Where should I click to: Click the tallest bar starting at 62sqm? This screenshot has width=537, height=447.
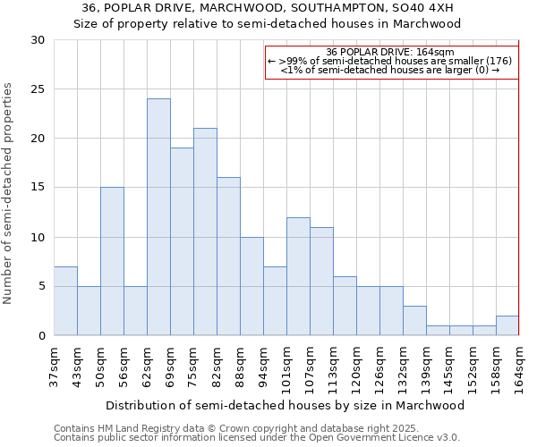pyautogui.click(x=158, y=217)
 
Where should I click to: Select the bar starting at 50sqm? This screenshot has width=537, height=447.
pyautogui.click(x=112, y=261)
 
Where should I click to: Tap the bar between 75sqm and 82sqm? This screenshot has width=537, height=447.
pyautogui.click(x=205, y=232)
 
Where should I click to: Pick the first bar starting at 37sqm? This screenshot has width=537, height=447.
pyautogui.click(x=65, y=300)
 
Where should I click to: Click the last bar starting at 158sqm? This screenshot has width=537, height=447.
pyautogui.click(x=507, y=325)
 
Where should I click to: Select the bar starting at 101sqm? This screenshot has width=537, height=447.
pyautogui.click(x=298, y=276)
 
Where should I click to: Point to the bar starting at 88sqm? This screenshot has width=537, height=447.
pyautogui.click(x=251, y=286)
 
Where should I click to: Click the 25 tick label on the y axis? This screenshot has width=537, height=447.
pyautogui.click(x=38, y=89)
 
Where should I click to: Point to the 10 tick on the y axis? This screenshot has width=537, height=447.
pyautogui.click(x=38, y=237)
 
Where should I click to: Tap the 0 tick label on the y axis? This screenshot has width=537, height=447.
pyautogui.click(x=41, y=335)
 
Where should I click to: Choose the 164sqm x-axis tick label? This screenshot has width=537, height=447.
pyautogui.click(x=519, y=367)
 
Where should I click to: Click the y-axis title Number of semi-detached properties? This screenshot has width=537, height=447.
pyautogui.click(x=9, y=193)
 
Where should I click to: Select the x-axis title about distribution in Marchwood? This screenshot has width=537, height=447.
pyautogui.click(x=286, y=405)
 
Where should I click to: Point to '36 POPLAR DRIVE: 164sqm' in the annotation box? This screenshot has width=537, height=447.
pyautogui.click(x=390, y=52)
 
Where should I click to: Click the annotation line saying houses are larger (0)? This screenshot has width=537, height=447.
pyautogui.click(x=390, y=70)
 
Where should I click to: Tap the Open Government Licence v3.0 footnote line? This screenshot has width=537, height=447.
pyautogui.click(x=257, y=437)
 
